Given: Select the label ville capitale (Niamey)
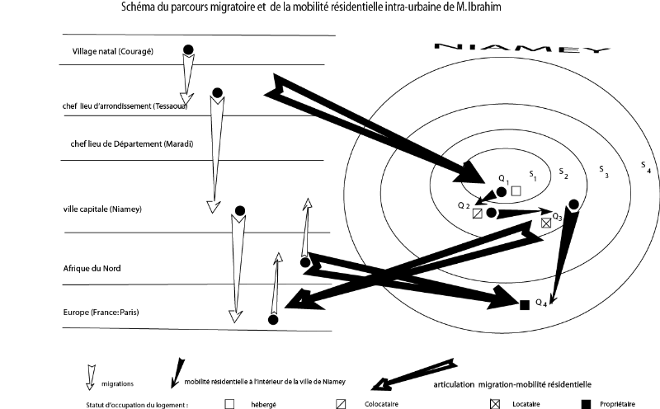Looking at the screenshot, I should click(x=103, y=209).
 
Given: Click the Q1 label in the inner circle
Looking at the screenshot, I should click(x=504, y=179).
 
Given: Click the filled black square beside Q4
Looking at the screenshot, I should click(x=524, y=305).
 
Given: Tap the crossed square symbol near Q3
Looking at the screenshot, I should click(x=545, y=223).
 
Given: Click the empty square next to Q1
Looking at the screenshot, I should click(x=516, y=191).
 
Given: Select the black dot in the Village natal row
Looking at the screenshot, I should click(x=188, y=51).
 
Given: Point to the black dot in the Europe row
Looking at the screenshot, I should click(x=273, y=320).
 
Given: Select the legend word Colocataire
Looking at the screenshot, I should click(x=382, y=404).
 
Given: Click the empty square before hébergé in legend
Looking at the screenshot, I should click(x=229, y=404).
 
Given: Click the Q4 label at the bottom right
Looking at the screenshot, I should click(x=541, y=303).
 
